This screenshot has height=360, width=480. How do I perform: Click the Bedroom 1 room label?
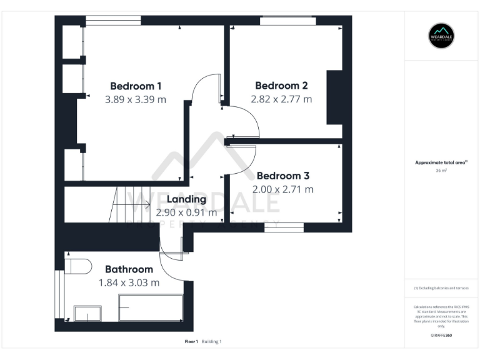tap(136, 86)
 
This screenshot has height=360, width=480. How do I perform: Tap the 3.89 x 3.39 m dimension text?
tap(136, 99)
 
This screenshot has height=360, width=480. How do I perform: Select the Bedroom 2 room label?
tap(281, 86)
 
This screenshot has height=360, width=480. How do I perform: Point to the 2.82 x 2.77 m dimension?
tap(281, 99)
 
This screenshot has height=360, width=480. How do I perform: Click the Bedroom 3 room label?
tap(282, 176)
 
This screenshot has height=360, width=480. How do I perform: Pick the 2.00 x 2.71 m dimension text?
tap(282, 189)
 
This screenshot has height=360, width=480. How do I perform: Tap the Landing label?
tap(186, 199)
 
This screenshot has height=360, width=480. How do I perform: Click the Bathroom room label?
tap(129, 269)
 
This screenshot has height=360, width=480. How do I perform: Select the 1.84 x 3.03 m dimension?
tap(129, 282)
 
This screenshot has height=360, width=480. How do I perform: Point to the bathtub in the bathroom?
tap(150, 307)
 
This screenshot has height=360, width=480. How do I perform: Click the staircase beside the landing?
tap(128, 204)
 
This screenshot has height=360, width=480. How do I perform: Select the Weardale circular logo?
tap(441, 35)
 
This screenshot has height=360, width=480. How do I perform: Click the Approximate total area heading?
tap(441, 162)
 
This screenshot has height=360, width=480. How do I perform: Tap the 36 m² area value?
tap(441, 170)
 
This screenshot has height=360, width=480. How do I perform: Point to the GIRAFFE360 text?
tap(441, 336)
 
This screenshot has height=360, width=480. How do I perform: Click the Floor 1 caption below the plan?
tap(191, 342)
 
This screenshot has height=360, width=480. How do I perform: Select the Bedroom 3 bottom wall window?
tap(283, 227)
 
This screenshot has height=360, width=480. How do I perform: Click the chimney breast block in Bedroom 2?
tap(335, 98)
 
